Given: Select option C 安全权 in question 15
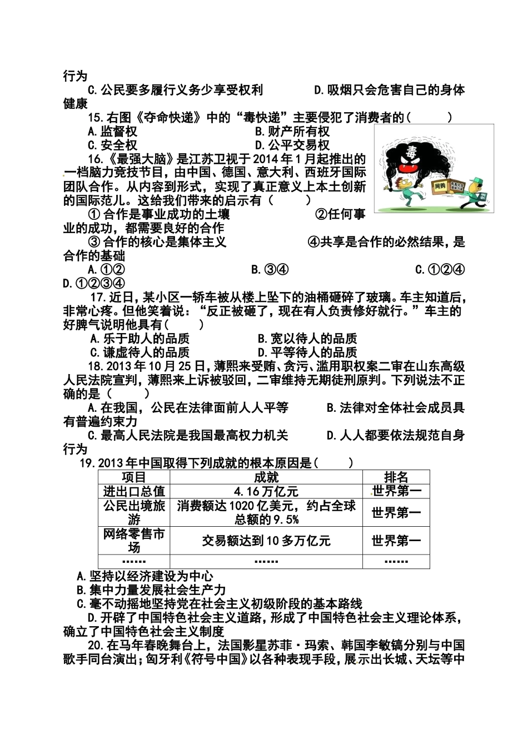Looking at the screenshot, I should click(113, 145).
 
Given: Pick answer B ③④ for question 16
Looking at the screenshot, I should click(270, 270).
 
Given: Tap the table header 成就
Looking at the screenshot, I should click(266, 477).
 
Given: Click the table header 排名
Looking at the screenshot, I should click(396, 477).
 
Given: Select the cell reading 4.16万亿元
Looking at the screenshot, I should click(266, 491).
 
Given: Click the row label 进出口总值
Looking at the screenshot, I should click(134, 491).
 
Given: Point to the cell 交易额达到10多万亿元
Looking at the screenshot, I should click(266, 540).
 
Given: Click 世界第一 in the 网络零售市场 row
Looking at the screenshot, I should click(396, 540).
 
